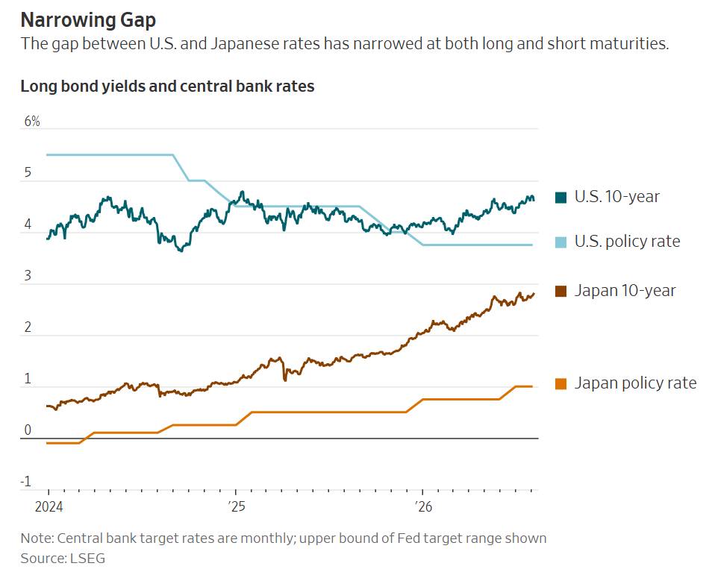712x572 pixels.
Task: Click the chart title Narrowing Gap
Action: point(88,20)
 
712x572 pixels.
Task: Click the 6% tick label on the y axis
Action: point(32,121)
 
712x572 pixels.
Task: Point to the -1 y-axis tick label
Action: point(26,481)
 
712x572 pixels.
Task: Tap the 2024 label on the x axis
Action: point(49,506)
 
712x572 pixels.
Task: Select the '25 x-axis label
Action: point(236,506)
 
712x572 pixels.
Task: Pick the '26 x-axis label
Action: point(424,506)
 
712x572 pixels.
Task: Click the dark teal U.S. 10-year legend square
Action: point(560,198)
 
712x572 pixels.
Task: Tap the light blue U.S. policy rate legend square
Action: point(560,242)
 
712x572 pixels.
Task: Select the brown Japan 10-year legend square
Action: point(560,291)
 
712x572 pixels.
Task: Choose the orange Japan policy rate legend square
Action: point(560,384)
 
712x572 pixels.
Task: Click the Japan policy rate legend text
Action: point(635,383)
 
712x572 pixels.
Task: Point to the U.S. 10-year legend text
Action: point(616,196)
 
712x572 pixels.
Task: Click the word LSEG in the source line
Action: point(87,558)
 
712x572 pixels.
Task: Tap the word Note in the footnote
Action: point(37,538)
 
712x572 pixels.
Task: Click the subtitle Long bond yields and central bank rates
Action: point(168,87)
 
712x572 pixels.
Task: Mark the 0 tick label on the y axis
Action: point(28,430)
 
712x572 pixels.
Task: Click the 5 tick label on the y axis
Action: point(28,172)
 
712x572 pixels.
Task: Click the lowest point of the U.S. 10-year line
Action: point(181,251)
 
